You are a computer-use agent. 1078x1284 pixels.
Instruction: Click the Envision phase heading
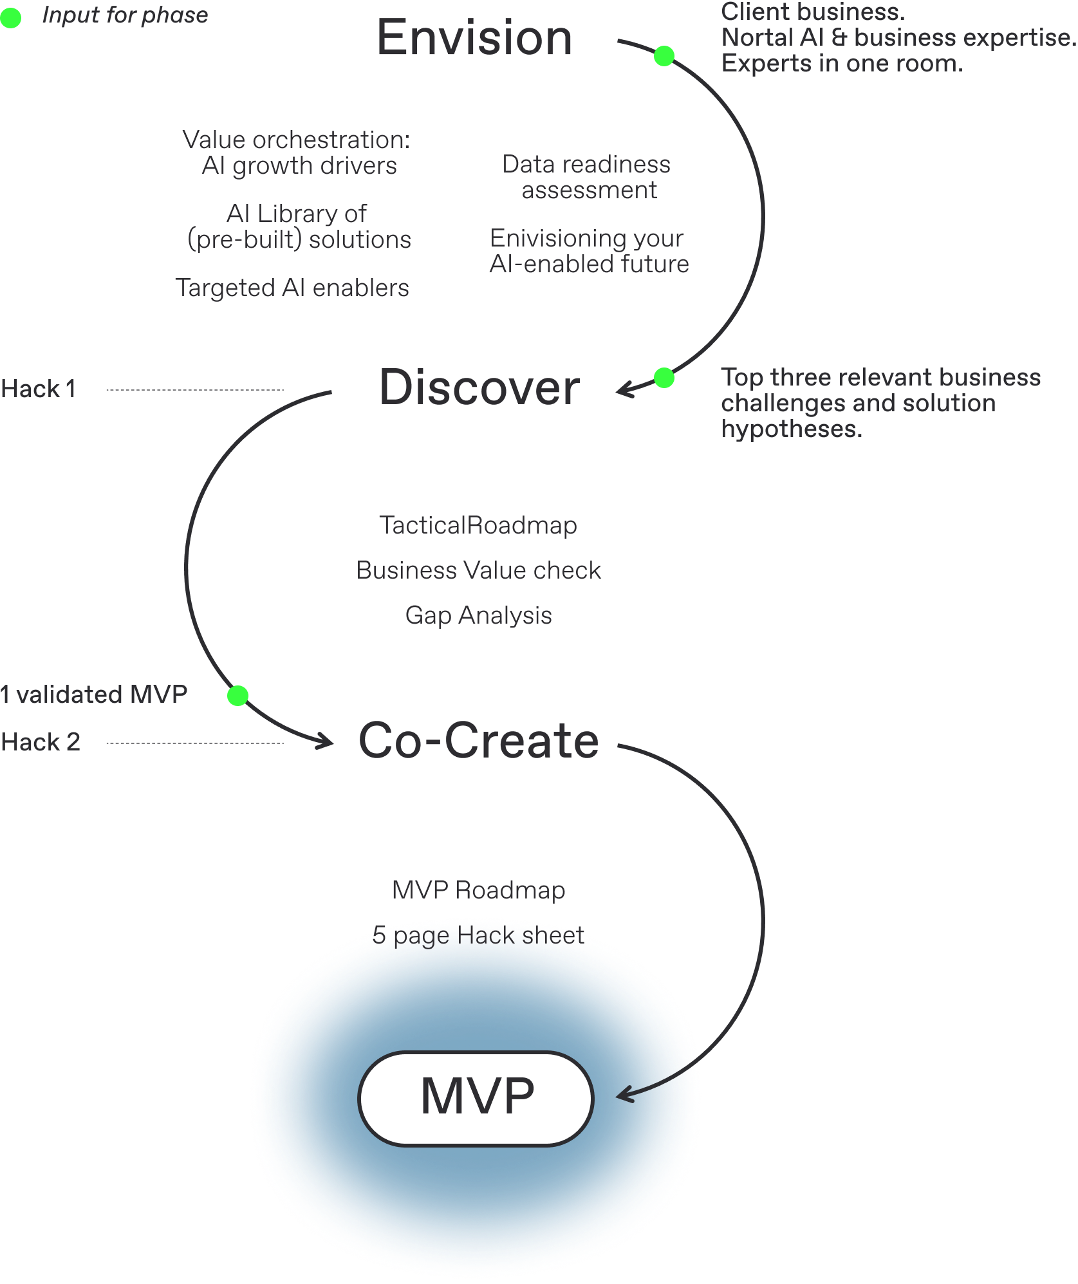pyautogui.click(x=474, y=40)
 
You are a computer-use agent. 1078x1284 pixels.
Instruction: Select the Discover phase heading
pyautogui.click(x=479, y=388)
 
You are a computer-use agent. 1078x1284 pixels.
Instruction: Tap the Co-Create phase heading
pyautogui.click(x=479, y=741)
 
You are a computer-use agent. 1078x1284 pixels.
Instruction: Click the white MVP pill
pyautogui.click(x=476, y=1098)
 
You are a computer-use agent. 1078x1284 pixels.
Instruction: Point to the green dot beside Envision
pyautogui.click(x=664, y=56)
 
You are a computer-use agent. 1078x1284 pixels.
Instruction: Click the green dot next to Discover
pyautogui.click(x=664, y=378)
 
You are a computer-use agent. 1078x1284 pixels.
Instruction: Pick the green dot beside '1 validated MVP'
pyautogui.click(x=237, y=695)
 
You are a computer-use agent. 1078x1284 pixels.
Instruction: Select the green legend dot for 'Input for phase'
pyautogui.click(x=10, y=17)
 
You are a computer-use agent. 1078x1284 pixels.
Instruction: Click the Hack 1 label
pyautogui.click(x=39, y=389)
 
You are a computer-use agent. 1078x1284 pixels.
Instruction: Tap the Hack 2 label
pyautogui.click(x=41, y=743)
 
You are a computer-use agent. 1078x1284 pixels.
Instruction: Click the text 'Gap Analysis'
pyautogui.click(x=478, y=616)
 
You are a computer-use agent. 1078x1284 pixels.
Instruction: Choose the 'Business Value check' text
pyautogui.click(x=478, y=571)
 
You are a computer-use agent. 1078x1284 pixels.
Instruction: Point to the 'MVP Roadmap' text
pyautogui.click(x=478, y=891)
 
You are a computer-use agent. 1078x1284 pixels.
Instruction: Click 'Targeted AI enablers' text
pyautogui.click(x=292, y=288)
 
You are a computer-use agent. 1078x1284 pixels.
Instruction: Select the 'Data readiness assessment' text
pyautogui.click(x=587, y=178)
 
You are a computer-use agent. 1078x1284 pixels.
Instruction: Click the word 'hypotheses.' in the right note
pyautogui.click(x=791, y=429)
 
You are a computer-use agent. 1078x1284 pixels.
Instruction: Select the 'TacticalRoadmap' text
pyautogui.click(x=478, y=526)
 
